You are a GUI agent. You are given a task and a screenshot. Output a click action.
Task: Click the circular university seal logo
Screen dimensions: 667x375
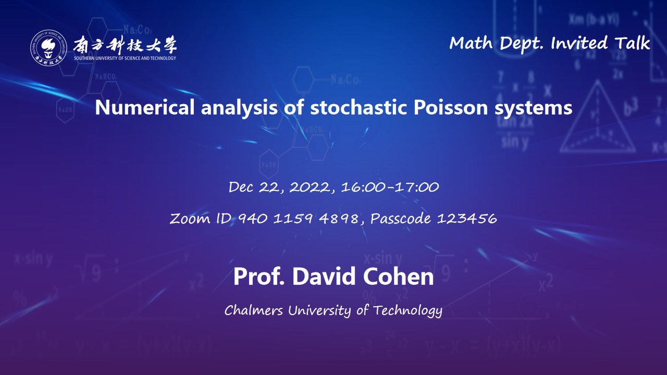tap(48, 47)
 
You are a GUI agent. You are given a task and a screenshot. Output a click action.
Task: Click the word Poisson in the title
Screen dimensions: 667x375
tap(451, 107)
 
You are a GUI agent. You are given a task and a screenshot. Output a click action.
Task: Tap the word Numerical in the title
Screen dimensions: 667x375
tap(145, 107)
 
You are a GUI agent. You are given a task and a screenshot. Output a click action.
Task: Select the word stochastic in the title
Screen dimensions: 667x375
tap(359, 107)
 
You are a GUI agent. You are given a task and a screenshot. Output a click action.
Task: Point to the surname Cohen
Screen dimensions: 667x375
tap(398, 277)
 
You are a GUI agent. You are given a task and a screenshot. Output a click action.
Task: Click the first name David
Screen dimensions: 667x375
tap(324, 277)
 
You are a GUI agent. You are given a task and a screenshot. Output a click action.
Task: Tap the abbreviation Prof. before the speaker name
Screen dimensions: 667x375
tap(259, 277)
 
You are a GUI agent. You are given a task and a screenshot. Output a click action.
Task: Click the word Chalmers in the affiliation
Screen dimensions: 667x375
tap(253, 310)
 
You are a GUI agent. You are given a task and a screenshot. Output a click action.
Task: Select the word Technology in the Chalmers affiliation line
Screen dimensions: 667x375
tap(407, 311)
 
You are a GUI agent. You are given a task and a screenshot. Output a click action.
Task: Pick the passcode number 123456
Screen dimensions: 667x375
tap(467, 218)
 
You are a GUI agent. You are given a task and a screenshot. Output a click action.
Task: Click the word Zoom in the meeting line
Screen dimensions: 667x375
tap(190, 218)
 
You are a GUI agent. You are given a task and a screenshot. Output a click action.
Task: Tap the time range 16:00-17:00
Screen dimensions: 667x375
tap(390, 187)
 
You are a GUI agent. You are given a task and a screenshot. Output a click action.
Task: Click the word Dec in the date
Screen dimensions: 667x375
tap(241, 187)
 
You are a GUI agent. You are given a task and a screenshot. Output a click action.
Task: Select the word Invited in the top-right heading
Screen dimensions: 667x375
tap(579, 43)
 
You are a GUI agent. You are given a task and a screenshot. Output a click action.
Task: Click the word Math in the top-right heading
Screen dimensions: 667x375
tap(471, 43)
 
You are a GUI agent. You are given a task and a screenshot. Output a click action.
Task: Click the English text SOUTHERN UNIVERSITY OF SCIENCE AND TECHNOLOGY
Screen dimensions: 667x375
tap(125, 58)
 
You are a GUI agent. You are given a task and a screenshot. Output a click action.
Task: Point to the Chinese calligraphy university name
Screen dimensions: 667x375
tap(125, 44)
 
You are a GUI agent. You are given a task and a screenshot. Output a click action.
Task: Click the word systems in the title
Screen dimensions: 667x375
tap(533, 108)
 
